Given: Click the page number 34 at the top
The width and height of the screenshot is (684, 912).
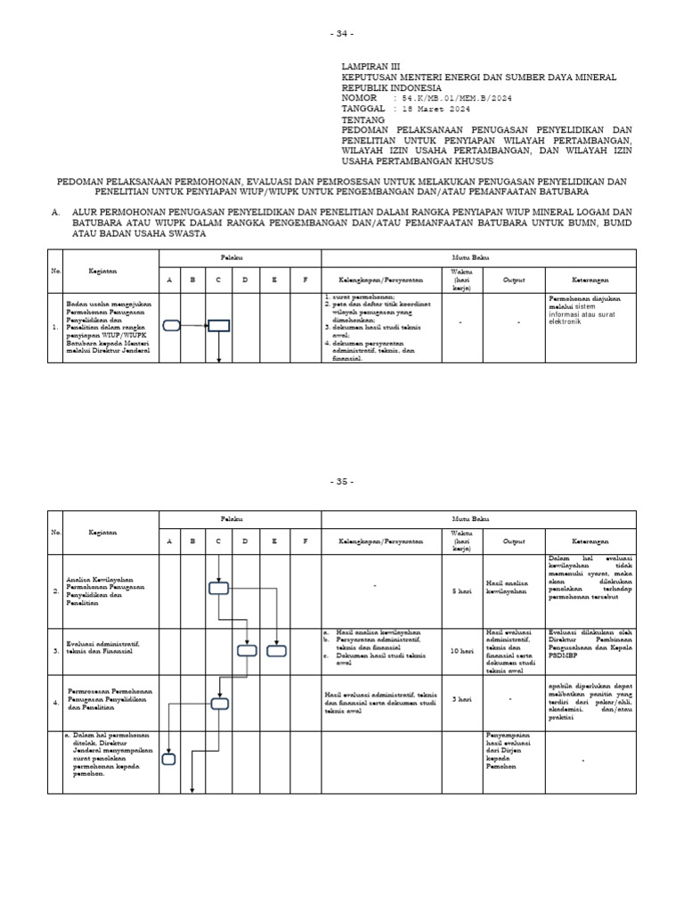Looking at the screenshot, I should click(342, 34).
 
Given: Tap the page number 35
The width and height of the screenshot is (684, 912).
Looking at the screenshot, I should click(342, 482).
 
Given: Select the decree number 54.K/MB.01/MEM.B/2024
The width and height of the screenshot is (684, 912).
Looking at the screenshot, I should click(460, 98).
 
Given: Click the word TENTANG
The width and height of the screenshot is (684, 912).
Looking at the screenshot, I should click(364, 119).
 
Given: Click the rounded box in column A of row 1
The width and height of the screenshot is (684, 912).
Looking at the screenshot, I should click(171, 326).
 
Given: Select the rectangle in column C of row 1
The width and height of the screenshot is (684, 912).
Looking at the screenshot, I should click(219, 326).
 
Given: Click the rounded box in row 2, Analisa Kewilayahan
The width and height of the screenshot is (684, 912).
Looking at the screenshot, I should click(219, 588).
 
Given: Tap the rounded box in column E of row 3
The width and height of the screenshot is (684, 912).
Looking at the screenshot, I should click(277, 651).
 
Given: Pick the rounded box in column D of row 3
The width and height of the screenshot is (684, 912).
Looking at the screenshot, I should click(247, 651).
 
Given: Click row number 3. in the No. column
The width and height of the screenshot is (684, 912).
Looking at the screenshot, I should click(55, 651).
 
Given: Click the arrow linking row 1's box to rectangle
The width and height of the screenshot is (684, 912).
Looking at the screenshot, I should click(194, 326).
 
